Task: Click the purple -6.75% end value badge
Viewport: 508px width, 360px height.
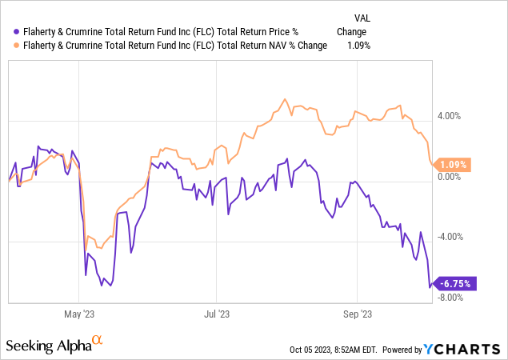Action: [454, 282]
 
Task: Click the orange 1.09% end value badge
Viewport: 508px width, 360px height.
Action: [453, 165]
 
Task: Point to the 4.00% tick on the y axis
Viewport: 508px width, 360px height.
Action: [450, 115]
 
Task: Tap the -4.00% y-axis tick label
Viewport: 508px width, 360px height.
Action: [450, 237]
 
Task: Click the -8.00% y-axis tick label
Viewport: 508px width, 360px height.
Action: [450, 298]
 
